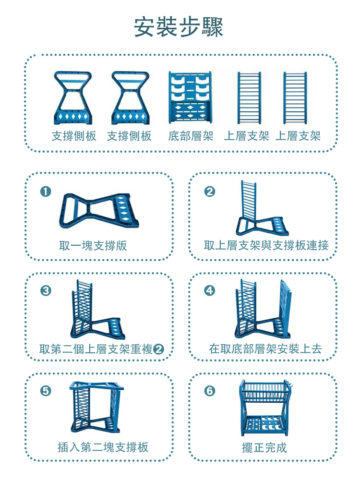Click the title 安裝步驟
tap(179, 28)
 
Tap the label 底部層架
tap(191, 136)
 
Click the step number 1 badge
tap(46, 192)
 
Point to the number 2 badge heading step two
tap(210, 192)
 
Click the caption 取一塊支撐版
tap(93, 246)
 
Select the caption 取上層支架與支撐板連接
tap(266, 246)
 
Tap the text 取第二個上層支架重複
tap(96, 349)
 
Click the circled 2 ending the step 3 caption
tap(158, 349)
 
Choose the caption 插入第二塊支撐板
tap(103, 447)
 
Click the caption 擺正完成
tap(264, 447)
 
